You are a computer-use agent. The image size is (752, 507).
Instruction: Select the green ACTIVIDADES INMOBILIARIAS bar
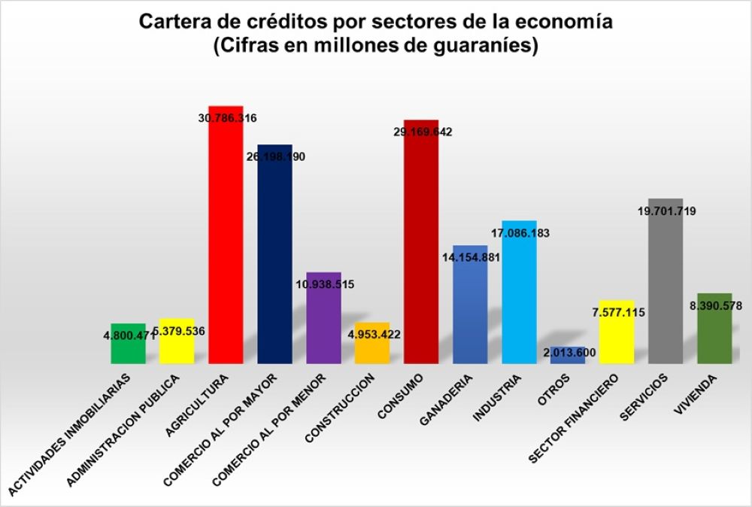tap(128, 350)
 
